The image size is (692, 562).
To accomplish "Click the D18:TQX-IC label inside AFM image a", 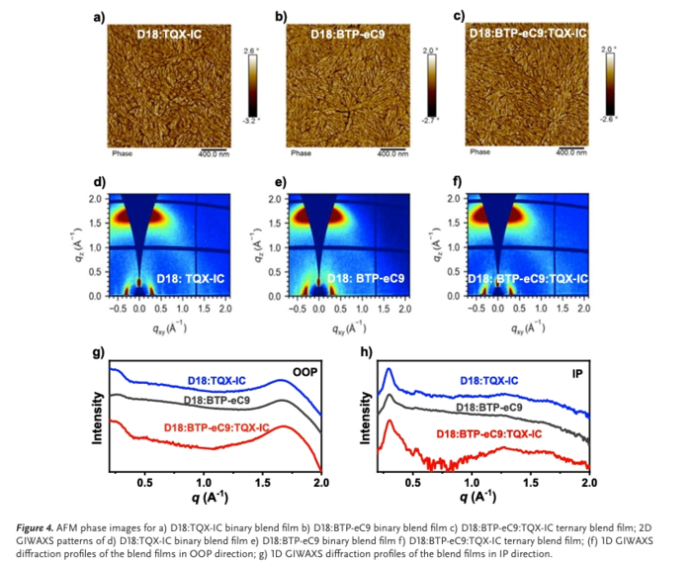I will [174, 34].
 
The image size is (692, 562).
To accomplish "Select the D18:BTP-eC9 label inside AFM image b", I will [347, 34].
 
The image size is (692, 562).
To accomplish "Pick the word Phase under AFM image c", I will [479, 152].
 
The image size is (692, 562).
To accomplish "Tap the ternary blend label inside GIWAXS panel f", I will [529, 280].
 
